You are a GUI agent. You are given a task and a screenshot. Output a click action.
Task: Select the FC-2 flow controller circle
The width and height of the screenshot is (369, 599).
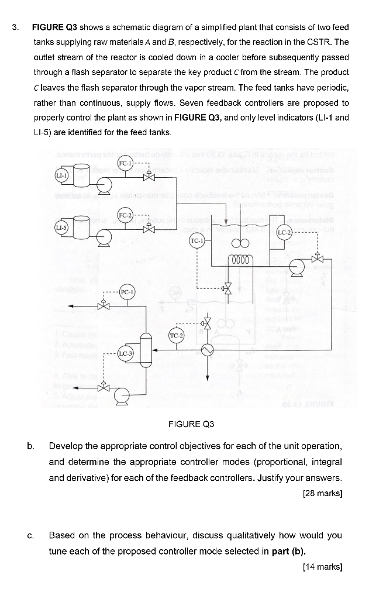tap(126, 215)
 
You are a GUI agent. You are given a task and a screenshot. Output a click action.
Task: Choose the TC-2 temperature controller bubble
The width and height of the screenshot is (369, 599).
tap(177, 335)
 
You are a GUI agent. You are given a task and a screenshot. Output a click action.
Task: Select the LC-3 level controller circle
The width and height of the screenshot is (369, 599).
tap(126, 353)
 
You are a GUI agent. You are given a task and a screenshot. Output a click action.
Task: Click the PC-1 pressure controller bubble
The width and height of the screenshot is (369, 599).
tap(127, 291)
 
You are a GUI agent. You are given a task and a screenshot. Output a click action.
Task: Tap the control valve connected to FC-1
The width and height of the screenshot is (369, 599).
tap(151, 177)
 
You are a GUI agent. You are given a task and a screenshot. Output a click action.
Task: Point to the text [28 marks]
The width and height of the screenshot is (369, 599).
tap(322, 493)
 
